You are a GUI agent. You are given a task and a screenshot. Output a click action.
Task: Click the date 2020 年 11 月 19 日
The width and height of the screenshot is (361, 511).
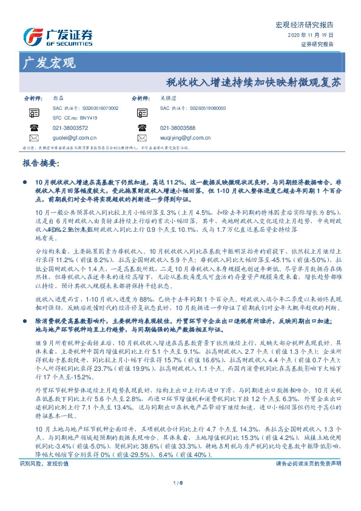[311, 36]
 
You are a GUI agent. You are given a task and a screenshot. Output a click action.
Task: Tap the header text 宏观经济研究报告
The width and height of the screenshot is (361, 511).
[305, 25]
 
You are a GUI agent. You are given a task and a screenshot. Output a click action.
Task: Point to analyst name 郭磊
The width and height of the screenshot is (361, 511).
[58, 98]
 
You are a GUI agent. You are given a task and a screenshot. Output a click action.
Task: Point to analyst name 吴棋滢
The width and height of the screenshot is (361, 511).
[166, 98]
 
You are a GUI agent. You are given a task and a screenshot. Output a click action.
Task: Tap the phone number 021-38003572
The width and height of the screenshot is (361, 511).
[70, 128]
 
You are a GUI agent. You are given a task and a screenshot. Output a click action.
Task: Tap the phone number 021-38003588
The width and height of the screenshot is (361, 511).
[178, 128]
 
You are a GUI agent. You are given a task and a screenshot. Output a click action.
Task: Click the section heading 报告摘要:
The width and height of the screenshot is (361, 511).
[40, 164]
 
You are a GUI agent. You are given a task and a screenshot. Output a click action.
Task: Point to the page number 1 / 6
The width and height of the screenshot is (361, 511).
[180, 500]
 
